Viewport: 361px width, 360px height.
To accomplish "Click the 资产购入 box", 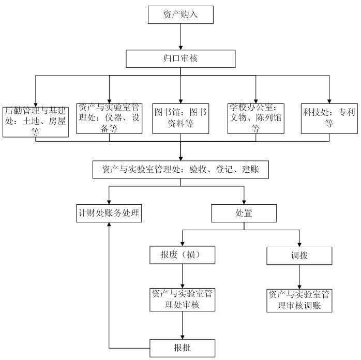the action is pos(180,14).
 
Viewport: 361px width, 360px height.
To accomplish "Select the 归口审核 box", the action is pos(180,58).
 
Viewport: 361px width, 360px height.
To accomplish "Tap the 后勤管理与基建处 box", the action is pos(36,122).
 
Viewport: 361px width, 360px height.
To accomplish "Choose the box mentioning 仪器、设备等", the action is pos(109,118).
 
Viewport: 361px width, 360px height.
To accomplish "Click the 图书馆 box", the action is pos(180,118).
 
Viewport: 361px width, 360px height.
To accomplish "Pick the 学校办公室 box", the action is pos(256,118).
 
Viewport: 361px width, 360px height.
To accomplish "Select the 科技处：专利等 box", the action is pos(329,118).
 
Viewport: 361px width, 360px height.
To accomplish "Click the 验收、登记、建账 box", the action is pos(180,170).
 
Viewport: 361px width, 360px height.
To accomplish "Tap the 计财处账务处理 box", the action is pos(109,213).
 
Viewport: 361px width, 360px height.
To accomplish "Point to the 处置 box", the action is pos(244,213).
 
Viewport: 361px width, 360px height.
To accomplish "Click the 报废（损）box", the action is pos(183,255).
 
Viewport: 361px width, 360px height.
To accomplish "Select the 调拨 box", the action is pos(299,256).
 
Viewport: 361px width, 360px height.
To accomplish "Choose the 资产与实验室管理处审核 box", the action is pos(183,299).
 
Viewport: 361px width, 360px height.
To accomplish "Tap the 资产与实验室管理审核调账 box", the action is pos(299,301).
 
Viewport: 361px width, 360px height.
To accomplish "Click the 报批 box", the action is pos(183,348).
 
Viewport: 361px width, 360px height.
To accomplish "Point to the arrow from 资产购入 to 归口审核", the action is pos(180,37).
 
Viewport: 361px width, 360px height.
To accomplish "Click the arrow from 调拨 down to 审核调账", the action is pos(299,277).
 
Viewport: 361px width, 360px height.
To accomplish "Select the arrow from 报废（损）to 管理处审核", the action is pos(183,276).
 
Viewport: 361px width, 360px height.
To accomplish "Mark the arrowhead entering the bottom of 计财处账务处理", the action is pos(109,224).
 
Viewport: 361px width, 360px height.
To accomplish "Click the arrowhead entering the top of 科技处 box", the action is pos(329,101).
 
